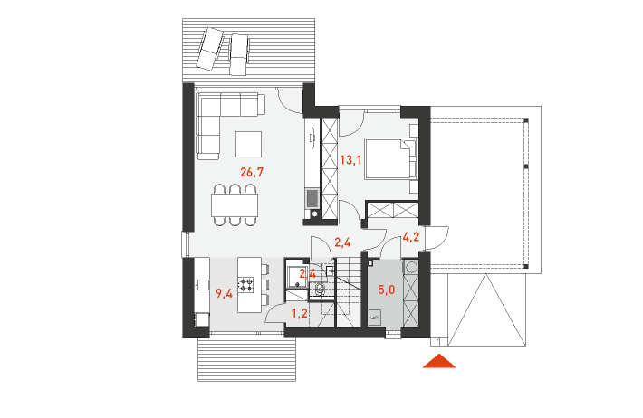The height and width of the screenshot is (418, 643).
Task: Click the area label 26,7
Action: tap(252, 172)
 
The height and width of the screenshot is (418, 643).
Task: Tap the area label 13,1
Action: tap(350, 159)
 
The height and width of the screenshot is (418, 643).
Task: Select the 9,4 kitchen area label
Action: tap(225, 293)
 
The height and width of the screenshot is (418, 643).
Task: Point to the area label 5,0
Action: tap(387, 290)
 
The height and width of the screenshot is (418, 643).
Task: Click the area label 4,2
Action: tap(411, 236)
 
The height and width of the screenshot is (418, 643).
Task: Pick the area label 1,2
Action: tap(300, 313)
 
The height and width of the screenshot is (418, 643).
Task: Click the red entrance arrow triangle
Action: tap(439, 361)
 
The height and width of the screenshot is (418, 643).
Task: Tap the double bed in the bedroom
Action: tap(391, 159)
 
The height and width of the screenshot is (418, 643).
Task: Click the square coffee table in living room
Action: tap(248, 144)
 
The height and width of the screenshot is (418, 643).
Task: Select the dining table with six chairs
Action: tap(235, 204)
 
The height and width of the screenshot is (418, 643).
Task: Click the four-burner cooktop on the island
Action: tap(246, 284)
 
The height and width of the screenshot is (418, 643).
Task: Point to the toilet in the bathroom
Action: tap(320, 290)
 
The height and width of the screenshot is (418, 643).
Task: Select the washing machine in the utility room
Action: tap(410, 267)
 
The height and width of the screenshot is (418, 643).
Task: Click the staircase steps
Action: tap(349, 291)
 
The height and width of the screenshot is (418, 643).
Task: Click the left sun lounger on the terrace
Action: tap(210, 48)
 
